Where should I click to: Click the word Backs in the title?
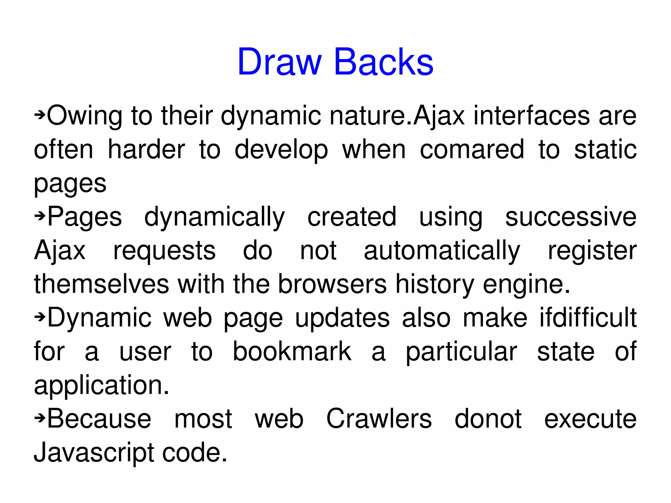(384, 62)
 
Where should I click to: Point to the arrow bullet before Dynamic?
(40, 317)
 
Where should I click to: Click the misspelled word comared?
(472, 150)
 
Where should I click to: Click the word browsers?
(332, 284)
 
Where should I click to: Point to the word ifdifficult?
(588, 318)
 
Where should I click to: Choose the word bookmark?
(292, 352)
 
